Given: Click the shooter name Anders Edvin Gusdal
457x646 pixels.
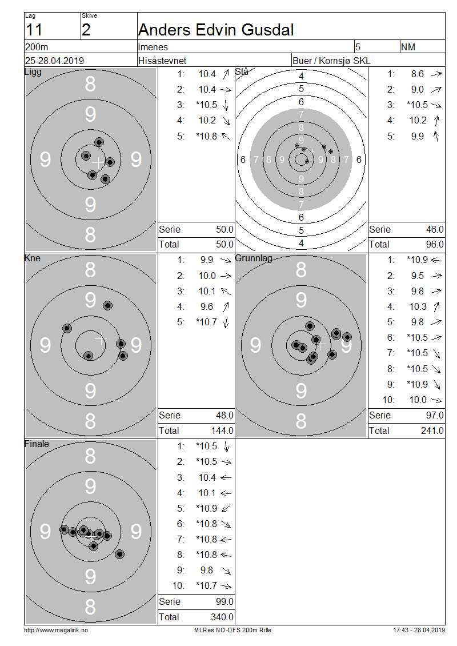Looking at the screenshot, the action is tap(216, 30).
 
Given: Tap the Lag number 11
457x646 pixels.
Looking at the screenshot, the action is tap(34, 30).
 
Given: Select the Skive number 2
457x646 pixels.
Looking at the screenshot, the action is tap(86, 30).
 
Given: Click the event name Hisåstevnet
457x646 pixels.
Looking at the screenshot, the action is tap(162, 61).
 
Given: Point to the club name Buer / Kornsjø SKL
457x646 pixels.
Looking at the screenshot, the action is tap(331, 61).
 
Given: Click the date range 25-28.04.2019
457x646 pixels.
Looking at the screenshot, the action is tap(54, 61).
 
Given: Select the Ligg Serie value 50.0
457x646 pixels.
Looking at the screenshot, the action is tap(225, 229).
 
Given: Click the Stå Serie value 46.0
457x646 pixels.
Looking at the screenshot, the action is tap(435, 229).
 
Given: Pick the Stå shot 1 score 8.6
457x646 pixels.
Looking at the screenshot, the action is tap(418, 74).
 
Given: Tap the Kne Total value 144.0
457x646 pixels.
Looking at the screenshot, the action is tap(222, 430).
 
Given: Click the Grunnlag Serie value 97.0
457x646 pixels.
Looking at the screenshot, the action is tap(435, 415).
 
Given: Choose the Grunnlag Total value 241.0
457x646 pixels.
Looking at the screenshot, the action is tap(432, 430).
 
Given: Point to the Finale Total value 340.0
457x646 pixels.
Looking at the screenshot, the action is tap(222, 617).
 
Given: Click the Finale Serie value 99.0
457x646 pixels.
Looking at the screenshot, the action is tap(225, 601).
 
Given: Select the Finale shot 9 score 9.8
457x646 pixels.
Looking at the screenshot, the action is tap(207, 570).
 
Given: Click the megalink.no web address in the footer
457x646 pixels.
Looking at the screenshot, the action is tap(56, 630).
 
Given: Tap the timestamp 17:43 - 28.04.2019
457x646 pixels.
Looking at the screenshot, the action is tap(419, 630).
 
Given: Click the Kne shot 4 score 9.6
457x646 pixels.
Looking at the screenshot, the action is tap(207, 306).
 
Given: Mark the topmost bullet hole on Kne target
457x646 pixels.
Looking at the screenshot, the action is tap(108, 305).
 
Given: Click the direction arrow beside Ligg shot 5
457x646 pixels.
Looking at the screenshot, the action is tap(226, 136).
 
